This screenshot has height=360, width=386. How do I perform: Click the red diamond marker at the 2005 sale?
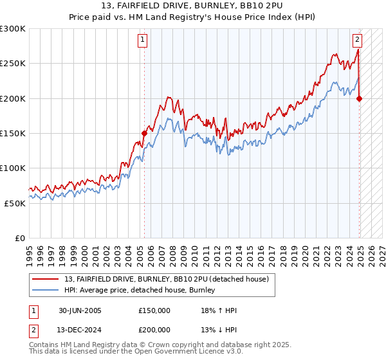coord(144,133)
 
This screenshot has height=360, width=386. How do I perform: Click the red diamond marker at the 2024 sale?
coord(360,98)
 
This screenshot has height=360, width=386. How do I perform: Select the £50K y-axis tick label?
coord(15,203)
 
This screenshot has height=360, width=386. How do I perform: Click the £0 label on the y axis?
coord(21,238)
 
